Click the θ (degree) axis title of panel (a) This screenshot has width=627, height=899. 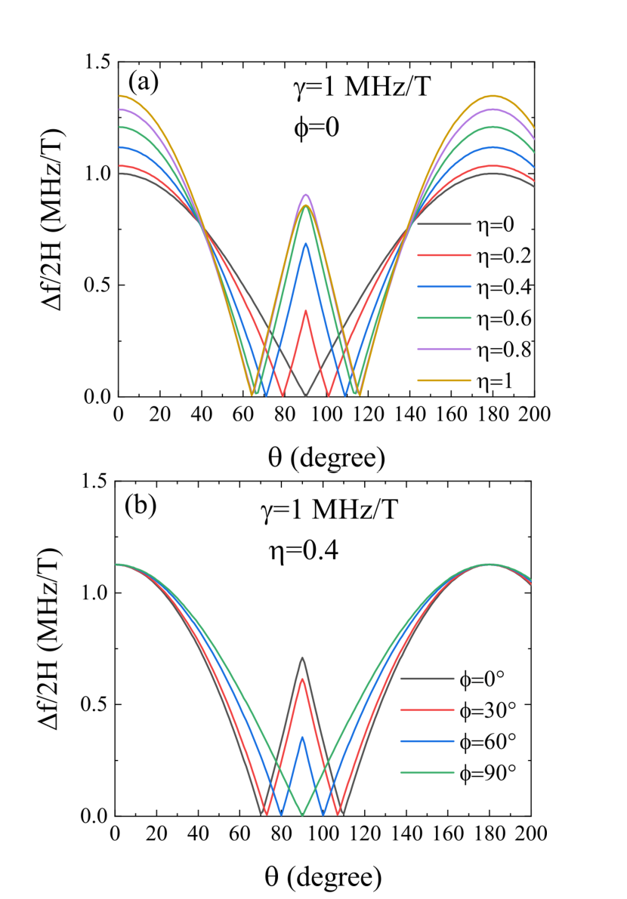325,455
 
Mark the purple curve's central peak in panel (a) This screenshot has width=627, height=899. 305,195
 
